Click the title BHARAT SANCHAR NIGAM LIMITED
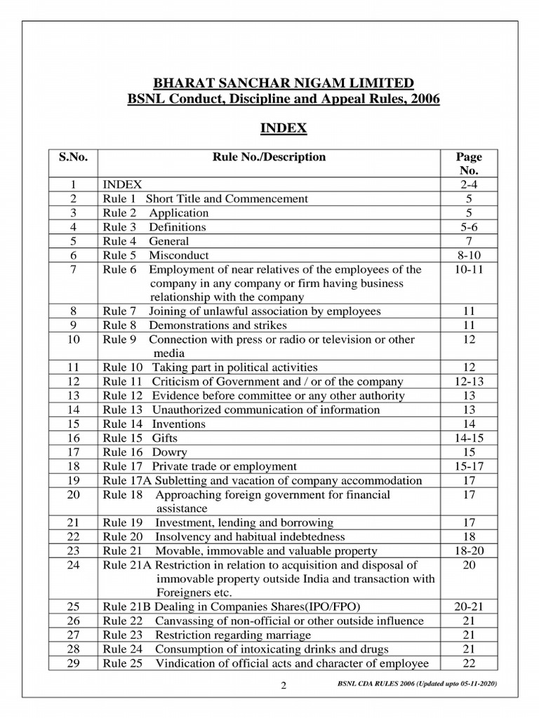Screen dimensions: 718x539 [284, 82]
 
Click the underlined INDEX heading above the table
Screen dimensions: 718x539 [284, 128]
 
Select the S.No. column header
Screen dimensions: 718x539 [73, 157]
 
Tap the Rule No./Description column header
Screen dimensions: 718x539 [269, 157]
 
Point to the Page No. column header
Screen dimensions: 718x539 [469, 163]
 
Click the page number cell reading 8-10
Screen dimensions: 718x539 [469, 255]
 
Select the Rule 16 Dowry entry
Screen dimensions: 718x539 [145, 452]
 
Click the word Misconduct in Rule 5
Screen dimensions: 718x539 [178, 255]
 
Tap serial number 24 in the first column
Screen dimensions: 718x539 [73, 565]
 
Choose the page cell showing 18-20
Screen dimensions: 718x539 [469, 551]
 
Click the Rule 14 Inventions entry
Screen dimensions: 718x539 [154, 424]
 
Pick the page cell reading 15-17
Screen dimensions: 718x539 [469, 466]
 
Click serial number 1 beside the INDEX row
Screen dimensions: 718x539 [73, 184]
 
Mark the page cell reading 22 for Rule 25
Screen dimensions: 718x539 [469, 663]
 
